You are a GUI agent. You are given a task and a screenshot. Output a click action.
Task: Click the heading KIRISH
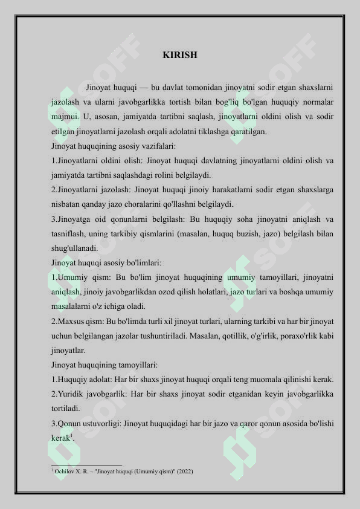pyautogui.click(x=180, y=55)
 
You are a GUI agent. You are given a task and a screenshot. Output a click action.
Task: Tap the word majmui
pyautogui.click(x=64, y=116)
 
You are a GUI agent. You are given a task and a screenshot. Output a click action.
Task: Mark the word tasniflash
pyautogui.click(x=69, y=233)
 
